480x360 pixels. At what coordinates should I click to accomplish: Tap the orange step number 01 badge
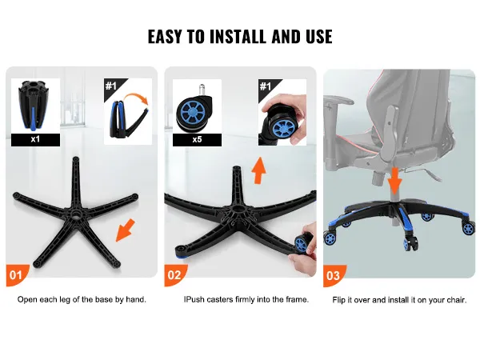[17, 275]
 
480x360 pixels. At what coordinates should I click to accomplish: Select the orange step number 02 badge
[175, 275]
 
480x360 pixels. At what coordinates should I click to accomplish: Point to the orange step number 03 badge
[334, 275]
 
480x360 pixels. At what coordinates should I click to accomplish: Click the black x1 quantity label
[35, 139]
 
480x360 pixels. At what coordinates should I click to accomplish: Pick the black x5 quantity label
[197, 140]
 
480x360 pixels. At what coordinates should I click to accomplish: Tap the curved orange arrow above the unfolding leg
[137, 99]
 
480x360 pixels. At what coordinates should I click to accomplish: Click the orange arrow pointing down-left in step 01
[126, 230]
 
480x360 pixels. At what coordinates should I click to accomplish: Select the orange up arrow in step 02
[258, 170]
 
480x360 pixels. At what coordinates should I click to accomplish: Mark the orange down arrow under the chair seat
[394, 182]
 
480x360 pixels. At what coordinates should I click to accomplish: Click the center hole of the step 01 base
[74, 214]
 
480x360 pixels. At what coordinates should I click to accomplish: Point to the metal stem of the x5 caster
[202, 90]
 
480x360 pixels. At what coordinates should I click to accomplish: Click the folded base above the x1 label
[35, 106]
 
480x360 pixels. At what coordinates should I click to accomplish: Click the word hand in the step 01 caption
[135, 299]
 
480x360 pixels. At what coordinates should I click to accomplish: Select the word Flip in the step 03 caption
[338, 300]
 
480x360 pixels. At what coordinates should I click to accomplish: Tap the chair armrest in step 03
[338, 100]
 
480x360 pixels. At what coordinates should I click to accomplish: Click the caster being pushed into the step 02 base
[304, 242]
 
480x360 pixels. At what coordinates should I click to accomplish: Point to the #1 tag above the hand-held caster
[266, 86]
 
